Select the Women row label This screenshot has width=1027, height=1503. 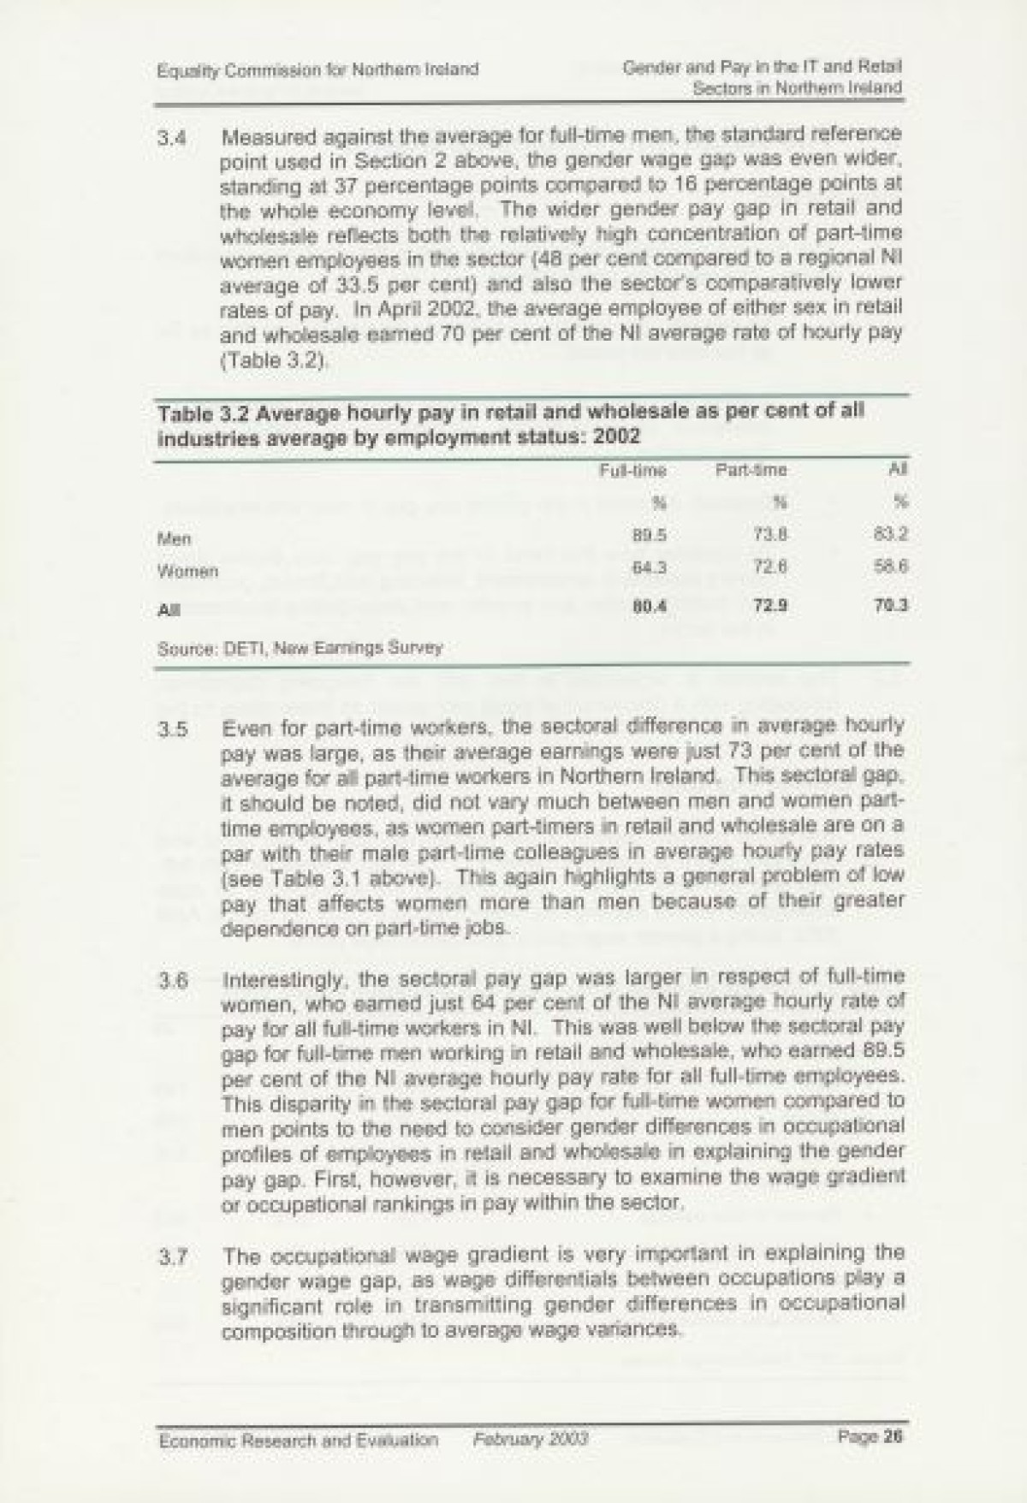pos(188,570)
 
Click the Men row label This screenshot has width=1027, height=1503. pos(175,539)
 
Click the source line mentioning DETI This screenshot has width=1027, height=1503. pos(300,648)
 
